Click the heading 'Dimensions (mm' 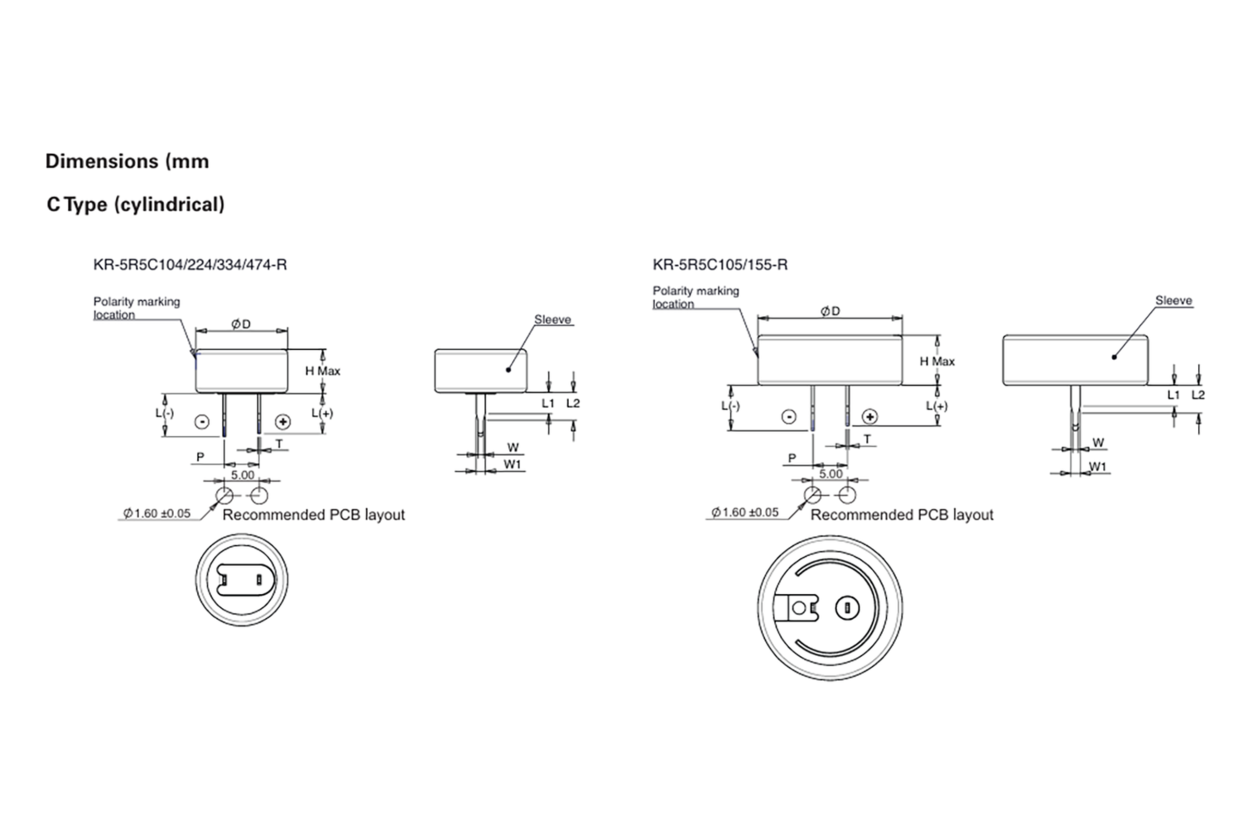coord(127,161)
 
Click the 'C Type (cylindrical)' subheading coord(135,204)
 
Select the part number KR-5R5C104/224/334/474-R coord(189,264)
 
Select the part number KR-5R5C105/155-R coord(720,264)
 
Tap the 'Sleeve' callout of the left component coord(552,320)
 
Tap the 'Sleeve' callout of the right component coord(1173,301)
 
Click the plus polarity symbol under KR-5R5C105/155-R coord(869,416)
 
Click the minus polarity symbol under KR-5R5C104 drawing coord(202,422)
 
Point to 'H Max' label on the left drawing coord(322,371)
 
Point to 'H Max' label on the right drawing coord(937,362)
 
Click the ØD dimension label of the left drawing coord(240,324)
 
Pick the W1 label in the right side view coord(1097,467)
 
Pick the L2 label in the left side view coord(573,403)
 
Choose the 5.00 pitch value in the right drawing coord(830,473)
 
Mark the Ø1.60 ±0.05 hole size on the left coord(156,513)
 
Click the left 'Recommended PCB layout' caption coord(313,515)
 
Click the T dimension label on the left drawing coord(279,444)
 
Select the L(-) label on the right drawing coord(730,406)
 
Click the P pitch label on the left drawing coord(200,457)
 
